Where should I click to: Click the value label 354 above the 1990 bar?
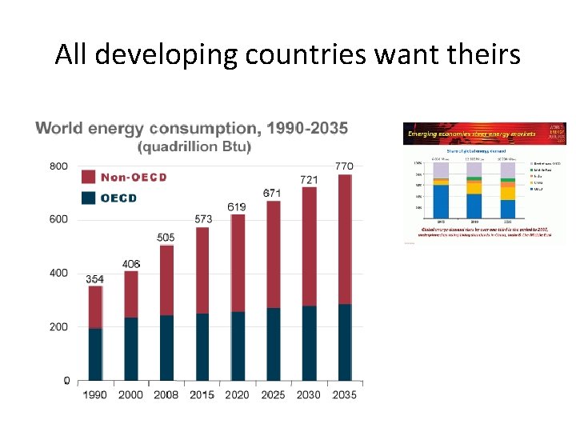[x=95, y=279]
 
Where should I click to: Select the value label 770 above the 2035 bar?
[x=343, y=166]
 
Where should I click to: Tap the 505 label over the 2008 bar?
[x=166, y=238]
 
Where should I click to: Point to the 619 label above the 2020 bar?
[x=237, y=207]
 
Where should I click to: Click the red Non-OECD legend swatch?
[x=88, y=177]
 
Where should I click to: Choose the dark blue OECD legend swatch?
[x=88, y=198]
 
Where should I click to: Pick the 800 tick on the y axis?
[x=59, y=166]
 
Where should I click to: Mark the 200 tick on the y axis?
[x=59, y=327]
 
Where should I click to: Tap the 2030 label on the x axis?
[x=308, y=394]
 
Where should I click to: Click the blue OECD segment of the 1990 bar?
[x=95, y=354]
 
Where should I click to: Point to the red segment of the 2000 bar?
[x=131, y=294]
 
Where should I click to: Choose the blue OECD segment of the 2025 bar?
[x=272, y=344]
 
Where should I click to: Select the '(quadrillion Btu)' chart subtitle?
[x=194, y=147]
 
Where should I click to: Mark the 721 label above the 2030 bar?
[x=308, y=179]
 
